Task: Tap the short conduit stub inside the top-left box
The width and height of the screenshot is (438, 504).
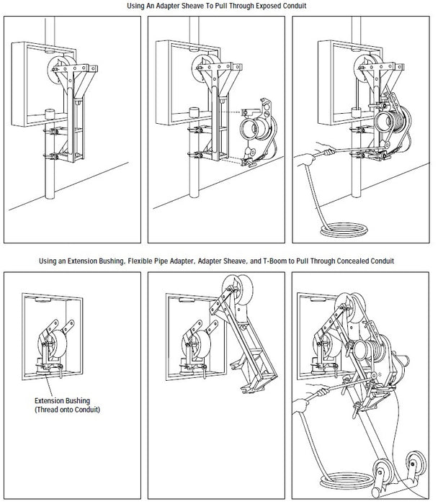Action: tap(50, 114)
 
